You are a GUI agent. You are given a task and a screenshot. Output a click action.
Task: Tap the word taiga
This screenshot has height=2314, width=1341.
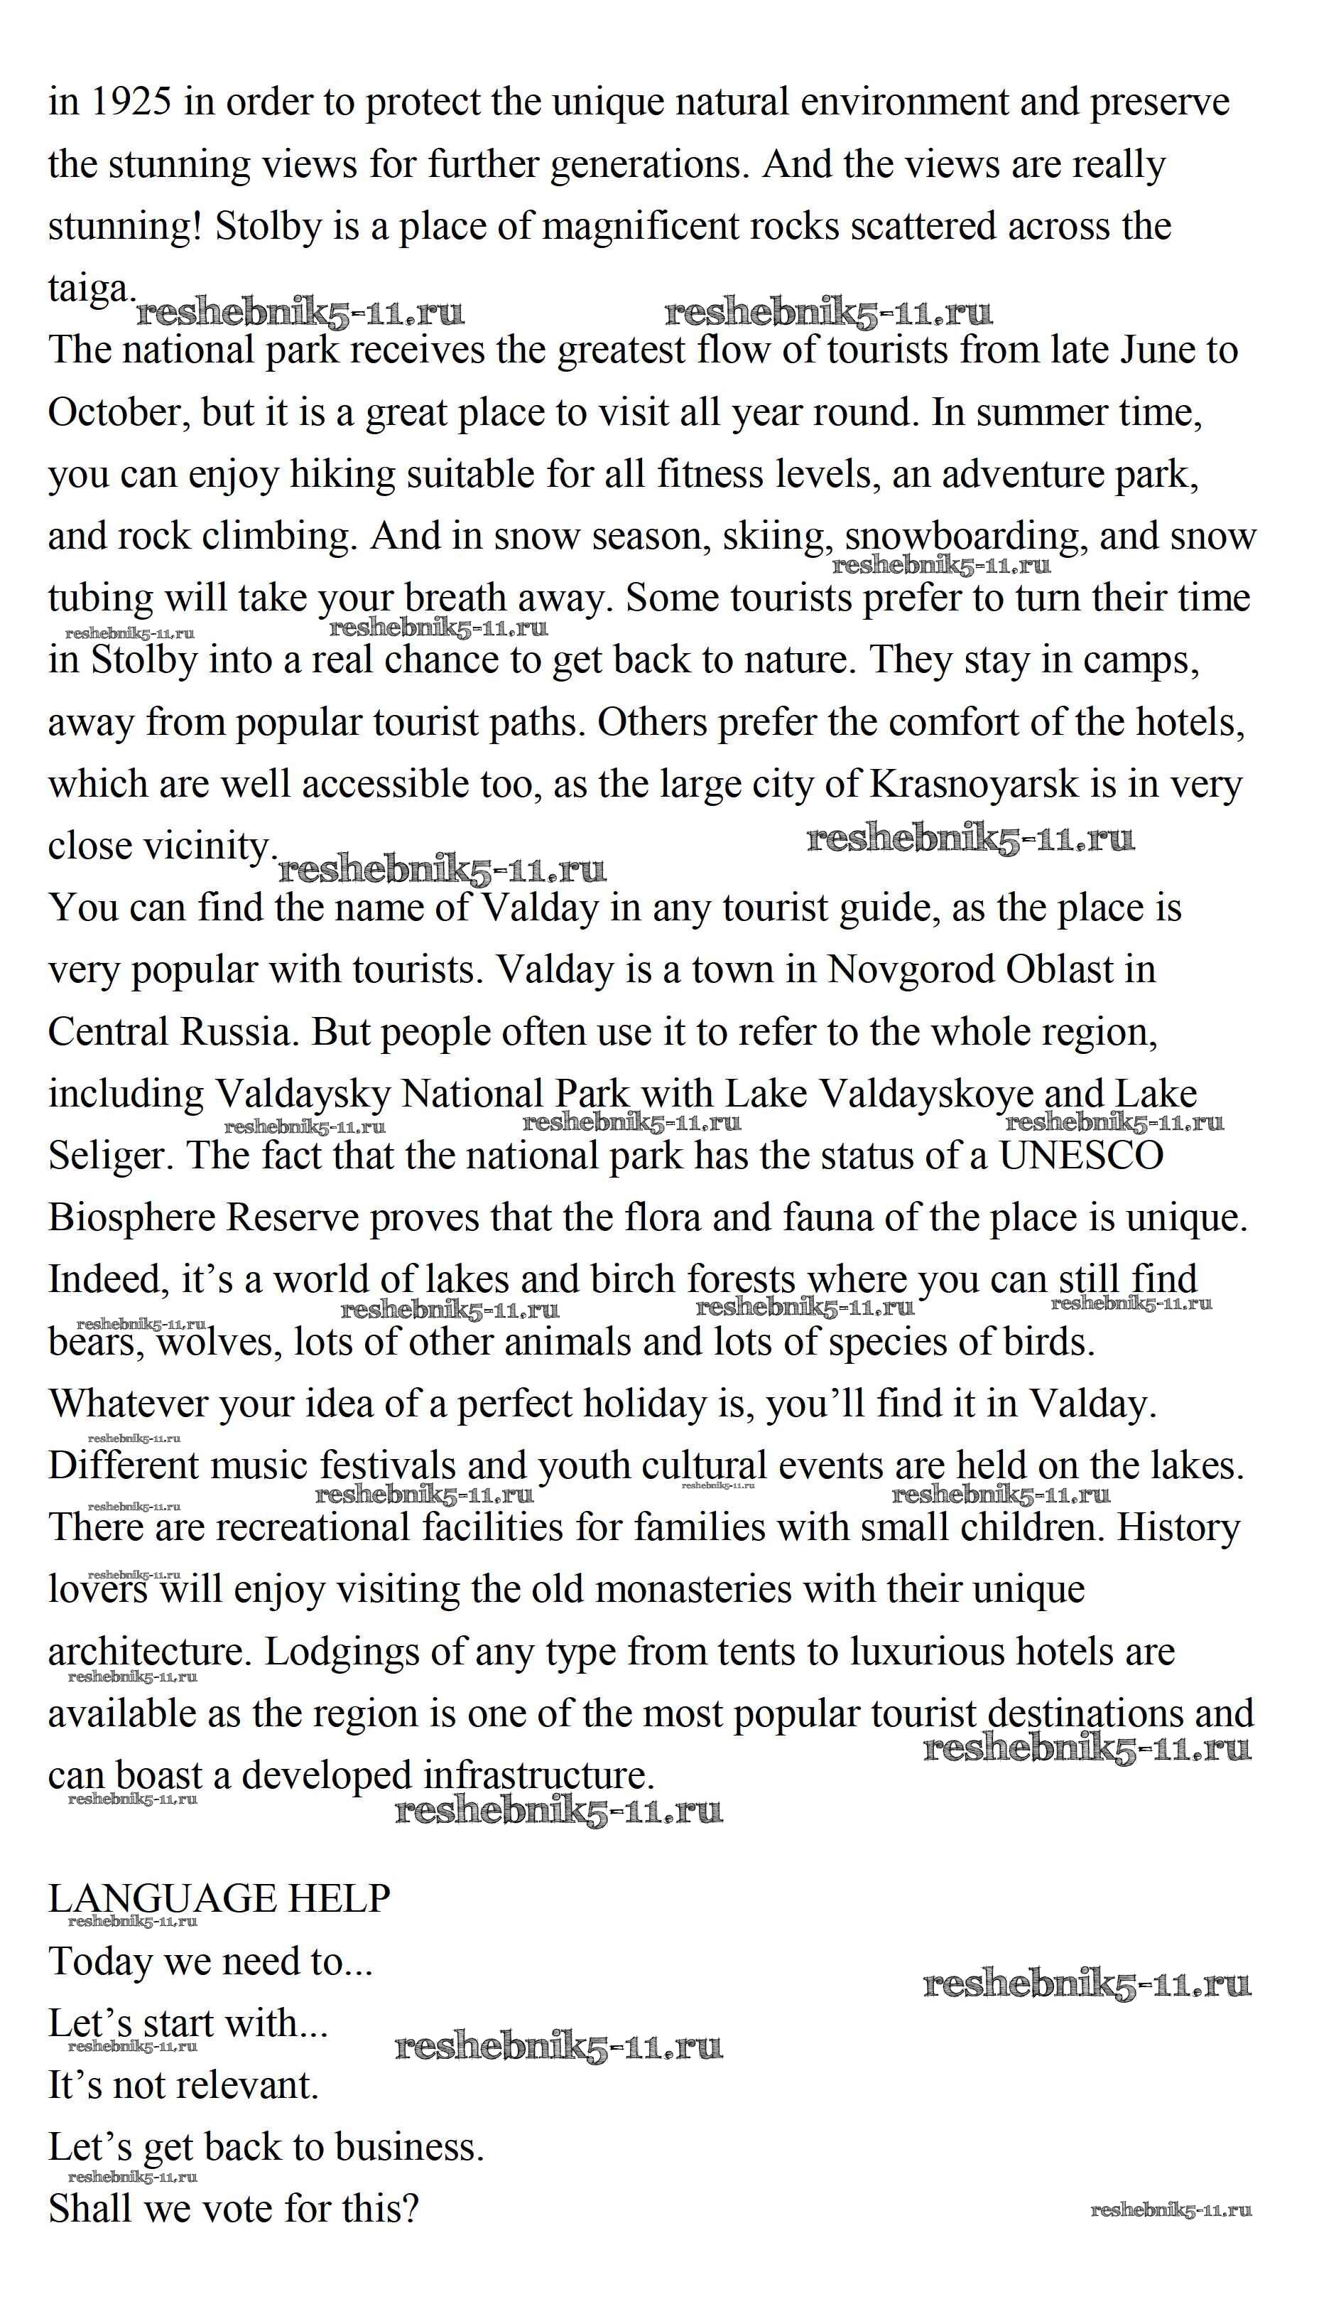(91, 290)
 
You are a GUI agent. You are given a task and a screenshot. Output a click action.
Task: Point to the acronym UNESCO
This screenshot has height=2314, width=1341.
(1080, 1156)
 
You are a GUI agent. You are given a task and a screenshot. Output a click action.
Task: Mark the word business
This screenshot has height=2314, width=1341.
(408, 2148)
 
